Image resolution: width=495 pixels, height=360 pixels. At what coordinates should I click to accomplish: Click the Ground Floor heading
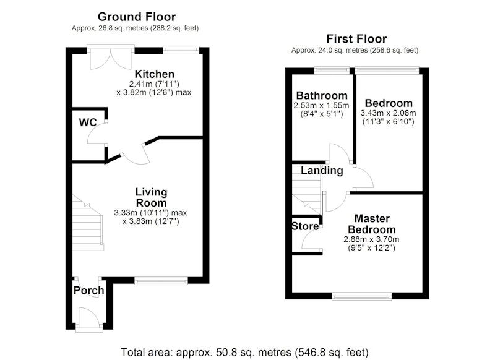(137, 17)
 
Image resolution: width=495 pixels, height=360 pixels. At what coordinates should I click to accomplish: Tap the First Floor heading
(356, 39)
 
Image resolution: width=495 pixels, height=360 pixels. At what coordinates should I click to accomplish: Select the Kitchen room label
(154, 74)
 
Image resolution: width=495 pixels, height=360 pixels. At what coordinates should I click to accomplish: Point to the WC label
(88, 122)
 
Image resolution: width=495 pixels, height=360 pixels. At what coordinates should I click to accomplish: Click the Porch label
(88, 291)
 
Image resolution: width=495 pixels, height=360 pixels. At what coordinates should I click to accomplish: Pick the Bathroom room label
(322, 95)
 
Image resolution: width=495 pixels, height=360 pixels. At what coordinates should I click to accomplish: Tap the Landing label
(322, 171)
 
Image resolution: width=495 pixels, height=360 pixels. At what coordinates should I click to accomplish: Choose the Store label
(305, 226)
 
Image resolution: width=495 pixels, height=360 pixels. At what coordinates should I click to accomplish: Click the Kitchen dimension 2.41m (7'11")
(154, 84)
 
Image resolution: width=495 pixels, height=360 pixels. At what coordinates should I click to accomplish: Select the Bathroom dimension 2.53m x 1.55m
(321, 105)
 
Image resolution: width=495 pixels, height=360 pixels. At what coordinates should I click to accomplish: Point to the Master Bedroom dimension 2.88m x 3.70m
(371, 239)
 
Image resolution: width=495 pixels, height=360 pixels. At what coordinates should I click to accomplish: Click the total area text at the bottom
(244, 352)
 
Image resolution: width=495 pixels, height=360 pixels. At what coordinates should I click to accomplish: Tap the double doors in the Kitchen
(111, 59)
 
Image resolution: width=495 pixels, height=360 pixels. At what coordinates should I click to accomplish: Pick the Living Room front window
(161, 280)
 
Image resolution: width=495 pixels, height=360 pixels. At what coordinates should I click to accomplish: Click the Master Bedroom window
(362, 296)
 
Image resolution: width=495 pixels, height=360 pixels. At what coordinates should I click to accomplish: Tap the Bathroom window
(332, 71)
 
